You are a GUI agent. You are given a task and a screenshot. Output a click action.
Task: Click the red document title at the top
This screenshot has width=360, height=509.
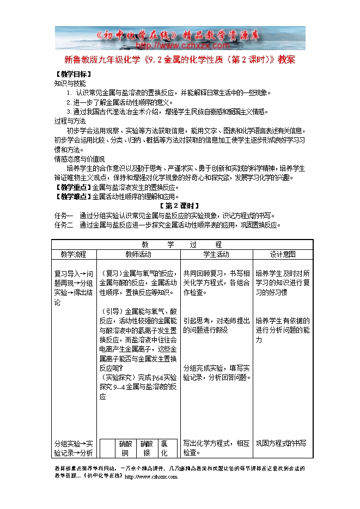click(x=180, y=59)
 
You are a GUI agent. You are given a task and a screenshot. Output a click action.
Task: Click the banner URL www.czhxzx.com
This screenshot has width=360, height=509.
click(x=180, y=46)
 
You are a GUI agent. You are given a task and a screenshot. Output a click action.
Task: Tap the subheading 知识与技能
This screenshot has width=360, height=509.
click(x=69, y=84)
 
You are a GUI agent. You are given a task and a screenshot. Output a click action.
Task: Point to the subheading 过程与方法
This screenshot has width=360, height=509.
click(x=69, y=120)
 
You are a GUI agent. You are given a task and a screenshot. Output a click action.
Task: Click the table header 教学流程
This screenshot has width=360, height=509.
click(x=73, y=254)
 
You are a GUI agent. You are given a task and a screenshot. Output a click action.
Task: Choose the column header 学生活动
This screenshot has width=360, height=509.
click(x=216, y=254)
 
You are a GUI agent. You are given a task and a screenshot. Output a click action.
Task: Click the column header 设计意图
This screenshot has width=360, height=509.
click(x=282, y=254)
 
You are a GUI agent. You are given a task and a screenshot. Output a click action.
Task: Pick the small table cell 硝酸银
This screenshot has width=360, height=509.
click(x=146, y=448)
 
